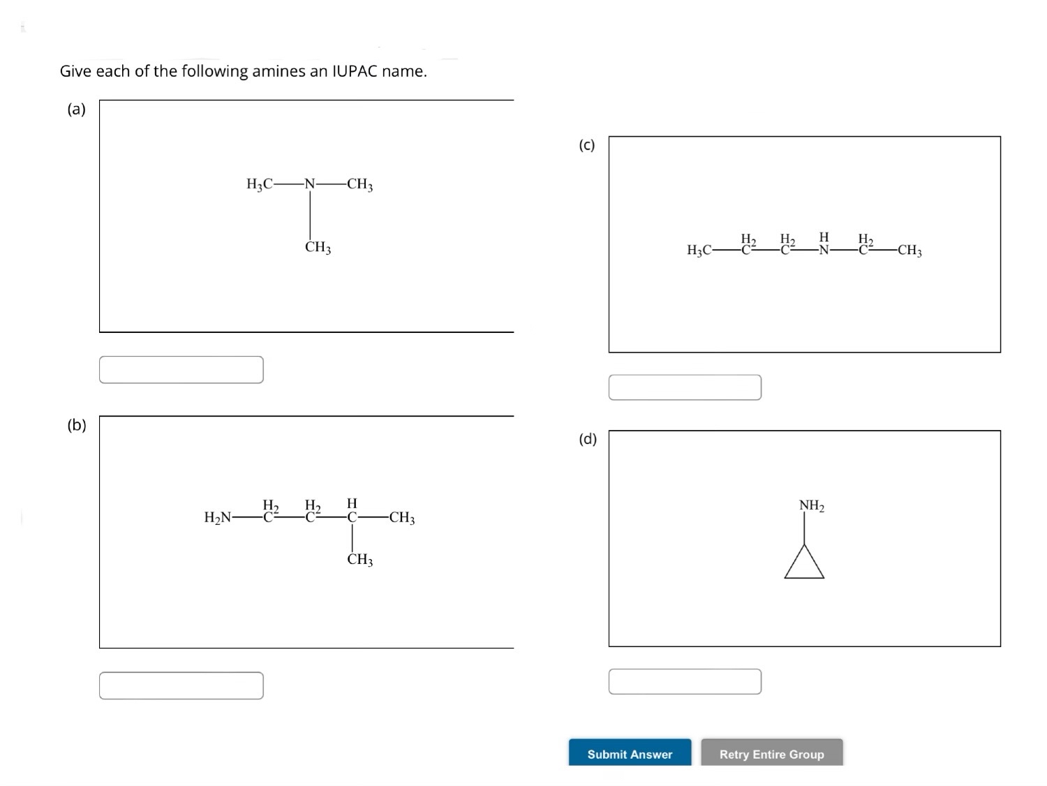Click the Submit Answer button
pyautogui.click(x=630, y=753)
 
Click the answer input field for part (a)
pyautogui.click(x=181, y=370)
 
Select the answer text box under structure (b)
pyautogui.click(x=181, y=685)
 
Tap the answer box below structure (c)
pyautogui.click(x=685, y=387)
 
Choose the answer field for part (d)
pyautogui.click(x=685, y=681)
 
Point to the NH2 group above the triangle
pyautogui.click(x=811, y=505)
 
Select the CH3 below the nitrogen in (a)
pyautogui.click(x=318, y=248)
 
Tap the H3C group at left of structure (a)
pyautogui.click(x=260, y=184)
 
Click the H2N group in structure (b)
pyautogui.click(x=217, y=518)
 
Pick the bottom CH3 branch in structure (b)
pyautogui.click(x=360, y=560)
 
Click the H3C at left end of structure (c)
pyautogui.click(x=699, y=251)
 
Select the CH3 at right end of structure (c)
pyautogui.click(x=909, y=251)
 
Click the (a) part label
pyautogui.click(x=76, y=109)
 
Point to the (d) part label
pyautogui.click(x=588, y=439)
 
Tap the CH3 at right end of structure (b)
pyautogui.click(x=402, y=518)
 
